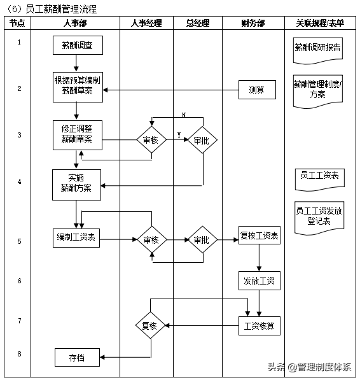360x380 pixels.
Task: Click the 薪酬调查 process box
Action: pos(77,46)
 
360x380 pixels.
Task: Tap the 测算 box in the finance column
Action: pos(257,90)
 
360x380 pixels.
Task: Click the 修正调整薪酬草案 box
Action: pos(77,134)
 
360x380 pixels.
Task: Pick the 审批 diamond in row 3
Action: pos(202,140)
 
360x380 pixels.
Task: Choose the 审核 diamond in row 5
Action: pos(151,240)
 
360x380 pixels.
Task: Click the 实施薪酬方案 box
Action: pos(77,183)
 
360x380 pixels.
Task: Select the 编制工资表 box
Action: pos(76,237)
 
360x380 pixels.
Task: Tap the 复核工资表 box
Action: pos(259,236)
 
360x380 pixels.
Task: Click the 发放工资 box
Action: pos(259,280)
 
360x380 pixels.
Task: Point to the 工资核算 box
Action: pos(259,326)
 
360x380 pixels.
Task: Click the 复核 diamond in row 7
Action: pos(151,326)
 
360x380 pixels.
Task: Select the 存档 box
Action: pos(77,358)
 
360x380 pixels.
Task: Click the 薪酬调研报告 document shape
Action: pos(317,48)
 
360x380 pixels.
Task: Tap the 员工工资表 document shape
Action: pos(319,176)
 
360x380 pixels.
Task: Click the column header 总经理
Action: pos(198,23)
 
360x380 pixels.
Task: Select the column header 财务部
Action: pos(253,23)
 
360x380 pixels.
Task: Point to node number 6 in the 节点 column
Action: pos(19,281)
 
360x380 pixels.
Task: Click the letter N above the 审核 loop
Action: pos(184,115)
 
